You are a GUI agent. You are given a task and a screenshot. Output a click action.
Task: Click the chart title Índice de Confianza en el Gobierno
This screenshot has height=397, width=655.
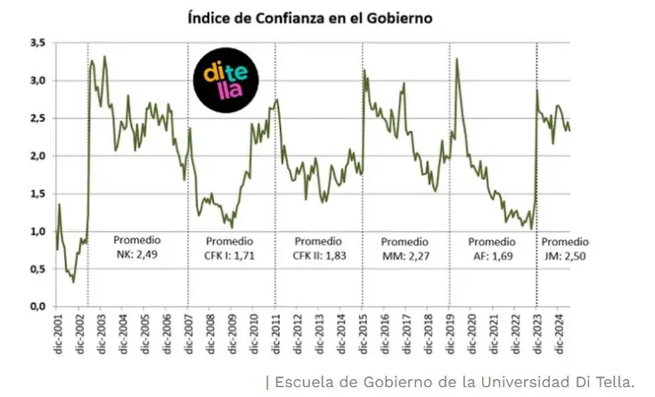point(311,18)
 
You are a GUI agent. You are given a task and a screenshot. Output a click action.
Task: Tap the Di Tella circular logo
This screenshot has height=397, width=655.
point(226,80)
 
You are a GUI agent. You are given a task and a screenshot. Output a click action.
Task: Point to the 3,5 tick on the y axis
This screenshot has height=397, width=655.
point(37,43)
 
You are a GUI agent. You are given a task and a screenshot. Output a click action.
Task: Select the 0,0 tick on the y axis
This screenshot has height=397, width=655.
point(37,306)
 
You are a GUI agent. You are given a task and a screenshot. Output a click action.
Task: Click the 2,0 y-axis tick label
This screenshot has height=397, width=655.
point(37,156)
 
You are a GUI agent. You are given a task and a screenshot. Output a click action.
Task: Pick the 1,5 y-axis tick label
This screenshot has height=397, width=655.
point(37,194)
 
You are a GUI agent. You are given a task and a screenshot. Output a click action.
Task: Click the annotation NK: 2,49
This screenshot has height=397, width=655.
point(137,255)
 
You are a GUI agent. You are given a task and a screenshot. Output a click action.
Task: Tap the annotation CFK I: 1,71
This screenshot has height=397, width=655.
point(230,255)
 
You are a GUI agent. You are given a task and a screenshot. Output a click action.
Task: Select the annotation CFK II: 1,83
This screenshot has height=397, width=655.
point(317,255)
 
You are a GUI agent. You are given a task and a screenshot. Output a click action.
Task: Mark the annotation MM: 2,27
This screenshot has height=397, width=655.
point(405,255)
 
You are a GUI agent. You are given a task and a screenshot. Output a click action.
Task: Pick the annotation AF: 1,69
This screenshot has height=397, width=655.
point(492,255)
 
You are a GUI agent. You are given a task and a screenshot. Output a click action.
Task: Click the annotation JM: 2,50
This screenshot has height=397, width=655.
point(565,255)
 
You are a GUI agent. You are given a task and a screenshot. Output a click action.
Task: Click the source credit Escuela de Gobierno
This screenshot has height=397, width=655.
point(454,382)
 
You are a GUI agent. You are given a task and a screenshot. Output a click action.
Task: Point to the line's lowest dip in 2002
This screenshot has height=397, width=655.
point(73,282)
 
